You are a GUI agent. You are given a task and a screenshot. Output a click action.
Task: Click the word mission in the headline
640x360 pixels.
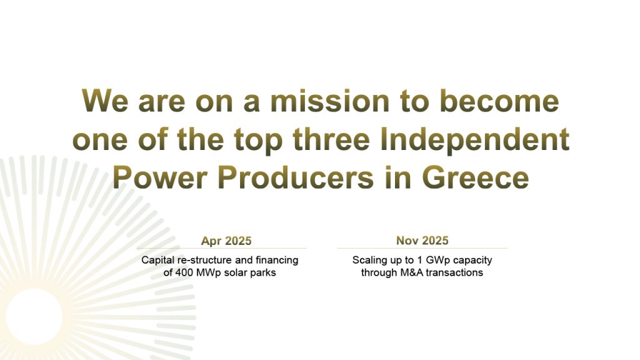tap(330, 101)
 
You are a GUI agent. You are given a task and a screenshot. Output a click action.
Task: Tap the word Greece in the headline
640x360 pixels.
tap(475, 177)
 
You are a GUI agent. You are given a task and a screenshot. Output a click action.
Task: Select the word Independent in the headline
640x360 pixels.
tap(474, 139)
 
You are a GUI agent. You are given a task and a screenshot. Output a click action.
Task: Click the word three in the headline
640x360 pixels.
tap(331, 139)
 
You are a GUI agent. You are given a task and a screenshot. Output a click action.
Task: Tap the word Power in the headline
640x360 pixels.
tap(160, 177)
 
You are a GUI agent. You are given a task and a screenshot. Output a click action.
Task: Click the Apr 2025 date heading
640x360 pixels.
tap(226, 241)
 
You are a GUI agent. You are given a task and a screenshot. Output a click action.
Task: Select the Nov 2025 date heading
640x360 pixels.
tap(422, 241)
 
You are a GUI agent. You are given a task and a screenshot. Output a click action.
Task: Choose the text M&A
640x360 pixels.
tap(412, 272)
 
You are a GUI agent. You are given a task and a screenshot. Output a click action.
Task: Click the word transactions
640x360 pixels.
tap(456, 272)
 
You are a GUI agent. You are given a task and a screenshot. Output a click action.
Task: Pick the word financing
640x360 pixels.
tap(277, 260)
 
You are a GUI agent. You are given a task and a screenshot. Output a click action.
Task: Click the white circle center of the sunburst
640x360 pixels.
tap(35, 316)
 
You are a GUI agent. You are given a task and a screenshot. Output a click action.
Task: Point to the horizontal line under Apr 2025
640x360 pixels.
tap(222, 248)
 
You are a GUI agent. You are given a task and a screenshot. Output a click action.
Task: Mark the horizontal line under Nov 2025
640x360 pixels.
tap(422, 248)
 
